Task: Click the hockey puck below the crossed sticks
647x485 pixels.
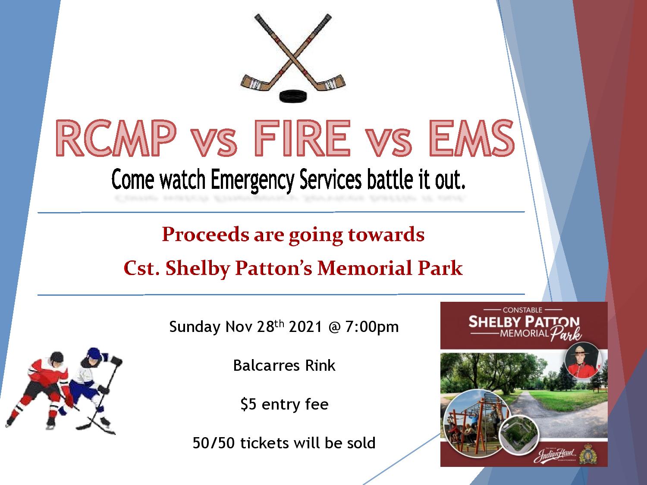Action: click(293, 96)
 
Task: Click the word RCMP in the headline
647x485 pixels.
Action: click(116, 138)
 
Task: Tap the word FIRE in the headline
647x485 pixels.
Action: click(302, 138)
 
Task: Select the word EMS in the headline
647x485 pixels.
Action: click(471, 138)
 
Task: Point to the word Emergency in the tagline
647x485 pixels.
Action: click(253, 180)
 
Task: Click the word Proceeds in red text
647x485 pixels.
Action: click(205, 235)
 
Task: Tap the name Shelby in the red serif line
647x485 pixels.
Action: click(198, 268)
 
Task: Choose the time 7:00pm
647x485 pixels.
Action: click(372, 327)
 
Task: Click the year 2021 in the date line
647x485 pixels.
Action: click(305, 327)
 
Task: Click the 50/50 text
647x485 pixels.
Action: click(214, 443)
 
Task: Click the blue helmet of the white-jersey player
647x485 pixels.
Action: click(95, 354)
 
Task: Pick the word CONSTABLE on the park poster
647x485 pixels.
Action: click(523, 310)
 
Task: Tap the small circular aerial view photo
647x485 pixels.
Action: click(520, 434)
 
